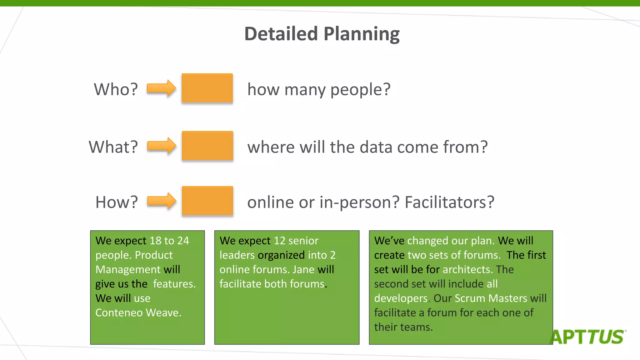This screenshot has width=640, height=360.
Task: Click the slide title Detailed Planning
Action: tap(322, 34)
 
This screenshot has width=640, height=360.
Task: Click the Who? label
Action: tap(116, 89)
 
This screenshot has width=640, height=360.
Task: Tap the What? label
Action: tap(113, 147)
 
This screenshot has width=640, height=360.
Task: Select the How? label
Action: tap(116, 202)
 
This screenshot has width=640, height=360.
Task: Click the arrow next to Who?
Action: tap(161, 88)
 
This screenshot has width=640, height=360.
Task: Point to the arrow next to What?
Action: tap(162, 146)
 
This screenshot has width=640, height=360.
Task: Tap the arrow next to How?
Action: tap(162, 201)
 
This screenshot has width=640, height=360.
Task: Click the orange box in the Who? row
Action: tap(207, 88)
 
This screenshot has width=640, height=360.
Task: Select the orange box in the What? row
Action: tap(207, 146)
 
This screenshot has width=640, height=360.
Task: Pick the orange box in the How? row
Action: tap(207, 201)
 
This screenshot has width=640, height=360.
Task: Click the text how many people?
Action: tap(319, 89)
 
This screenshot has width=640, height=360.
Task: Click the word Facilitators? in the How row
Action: tap(449, 202)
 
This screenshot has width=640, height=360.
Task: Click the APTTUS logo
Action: tap(587, 337)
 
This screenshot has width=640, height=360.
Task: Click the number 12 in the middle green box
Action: tap(279, 241)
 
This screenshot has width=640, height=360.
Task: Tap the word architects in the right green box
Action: tap(467, 269)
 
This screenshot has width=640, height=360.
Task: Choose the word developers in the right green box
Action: tap(401, 298)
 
